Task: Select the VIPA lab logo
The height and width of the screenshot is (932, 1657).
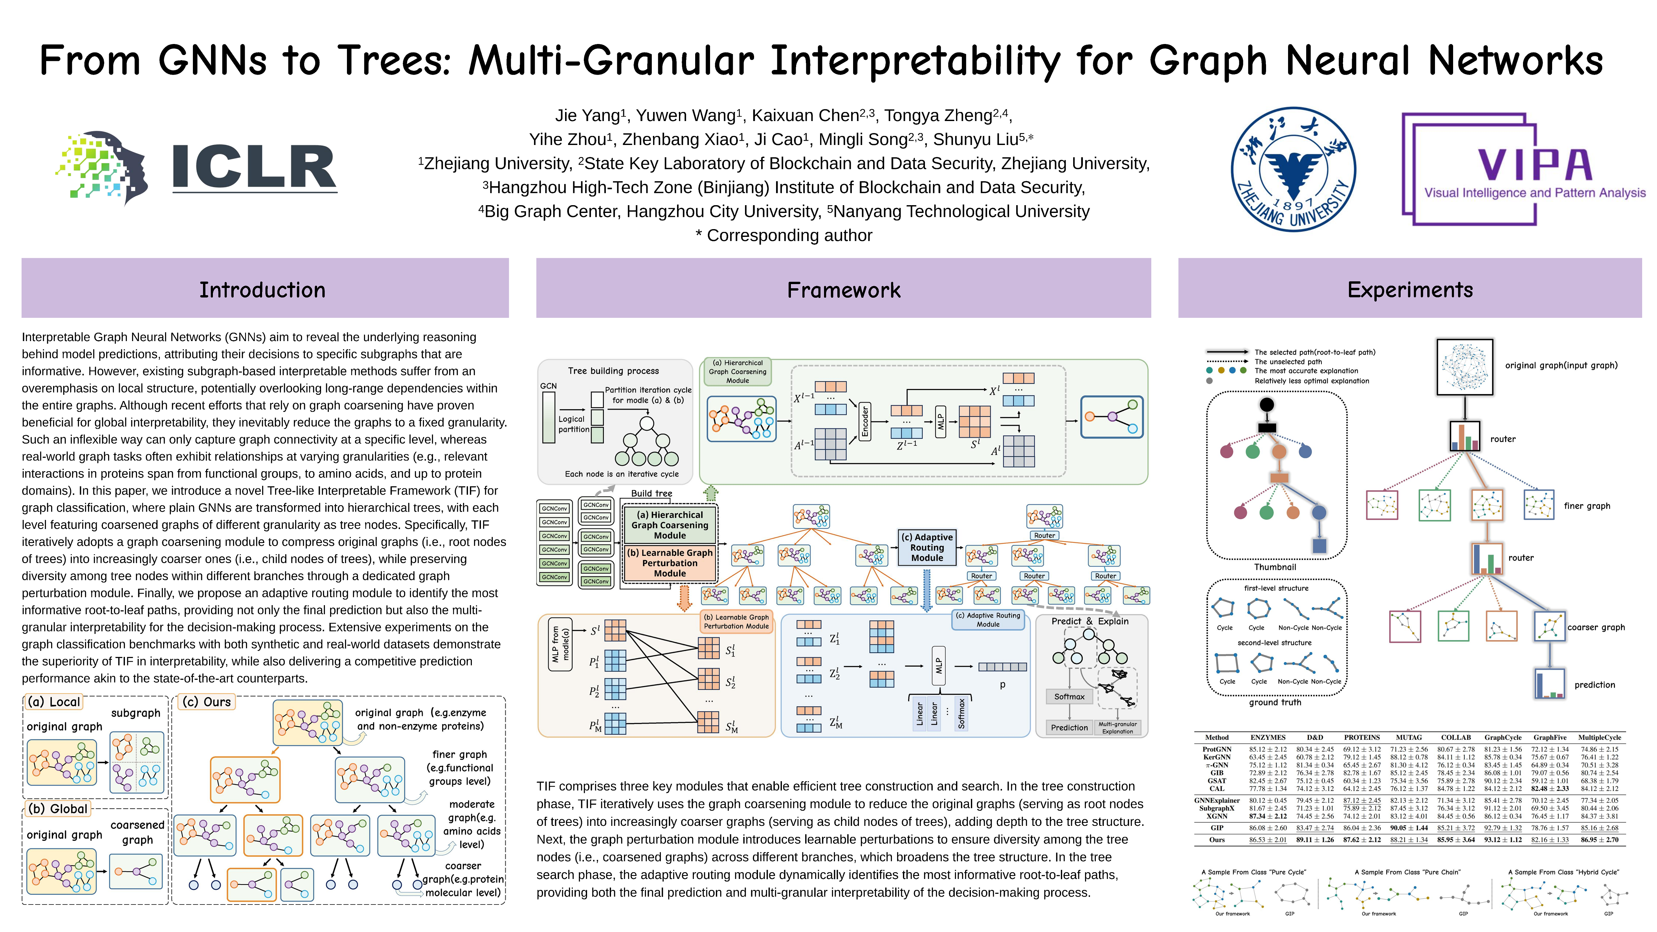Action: [1523, 169]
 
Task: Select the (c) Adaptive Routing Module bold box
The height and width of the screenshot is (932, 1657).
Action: [927, 547]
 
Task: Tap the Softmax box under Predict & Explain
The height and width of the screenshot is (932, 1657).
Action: [1069, 697]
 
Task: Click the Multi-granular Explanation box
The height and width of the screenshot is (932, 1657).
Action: [1118, 727]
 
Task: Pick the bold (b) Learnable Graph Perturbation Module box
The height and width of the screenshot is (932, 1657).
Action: [670, 563]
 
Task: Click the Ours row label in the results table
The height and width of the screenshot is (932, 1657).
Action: [1217, 839]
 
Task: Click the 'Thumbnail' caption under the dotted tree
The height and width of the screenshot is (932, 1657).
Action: [1275, 567]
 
